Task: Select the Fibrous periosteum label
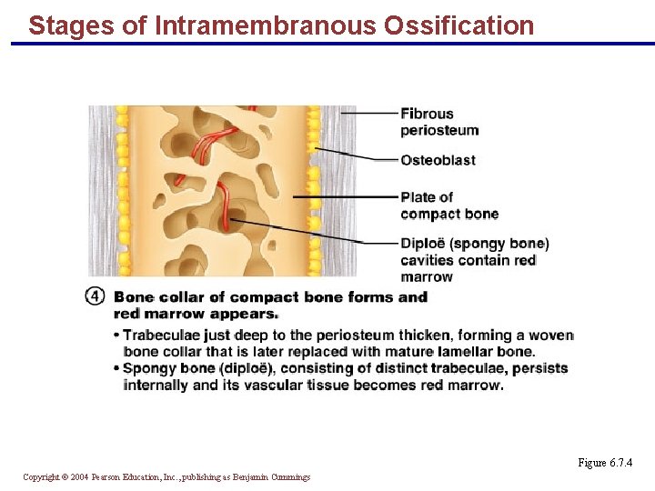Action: pos(438,122)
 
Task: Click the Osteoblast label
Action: pos(438,160)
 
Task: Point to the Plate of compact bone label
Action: pos(449,205)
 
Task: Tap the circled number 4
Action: pos(96,296)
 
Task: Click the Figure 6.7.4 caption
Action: pos(604,463)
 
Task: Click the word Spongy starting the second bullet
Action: pos(148,368)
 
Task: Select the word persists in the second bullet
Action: pos(539,368)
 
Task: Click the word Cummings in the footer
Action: pos(289,476)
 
